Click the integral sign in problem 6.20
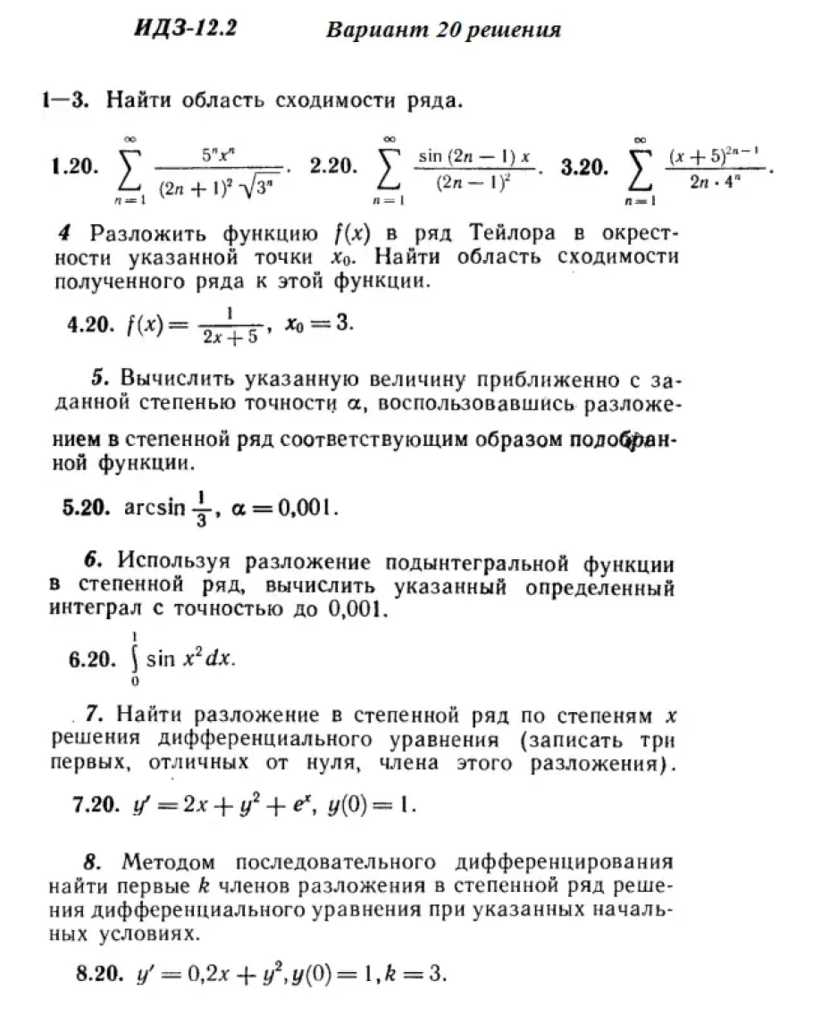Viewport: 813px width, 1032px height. point(134,659)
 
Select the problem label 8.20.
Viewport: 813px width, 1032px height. point(99,974)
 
